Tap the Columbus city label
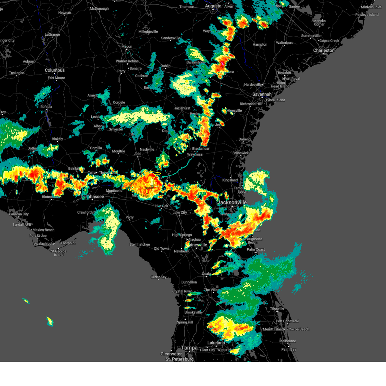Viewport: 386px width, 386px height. [55, 70]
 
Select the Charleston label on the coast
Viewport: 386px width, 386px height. [324, 51]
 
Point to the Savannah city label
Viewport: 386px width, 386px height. [262, 94]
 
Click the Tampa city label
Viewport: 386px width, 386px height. [189, 348]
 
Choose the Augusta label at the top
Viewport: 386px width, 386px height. [213, 6]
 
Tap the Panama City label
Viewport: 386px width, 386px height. [19, 214]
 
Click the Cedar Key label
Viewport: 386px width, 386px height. [159, 277]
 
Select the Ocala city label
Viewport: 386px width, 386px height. [206, 274]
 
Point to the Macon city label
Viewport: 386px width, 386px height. [127, 47]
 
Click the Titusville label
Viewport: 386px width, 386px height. [277, 308]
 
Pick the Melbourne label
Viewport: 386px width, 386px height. [288, 341]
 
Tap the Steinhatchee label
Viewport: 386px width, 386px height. [140, 244]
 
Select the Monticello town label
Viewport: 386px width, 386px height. [114, 191]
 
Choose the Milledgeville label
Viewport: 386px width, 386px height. [148, 32]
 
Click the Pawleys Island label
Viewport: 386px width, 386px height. [367, 15]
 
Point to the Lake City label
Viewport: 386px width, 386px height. [179, 213]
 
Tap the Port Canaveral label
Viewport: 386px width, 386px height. [287, 321]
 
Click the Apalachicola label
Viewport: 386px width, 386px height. [44, 244]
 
